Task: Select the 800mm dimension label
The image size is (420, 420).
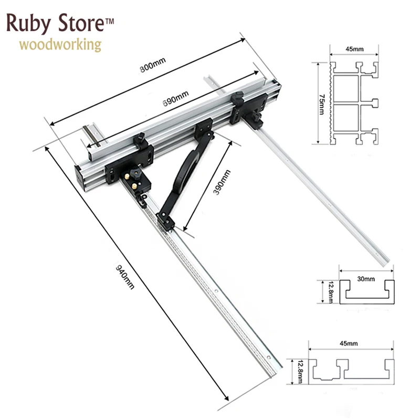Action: pos(153,66)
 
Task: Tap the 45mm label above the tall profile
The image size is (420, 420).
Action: pos(354,49)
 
